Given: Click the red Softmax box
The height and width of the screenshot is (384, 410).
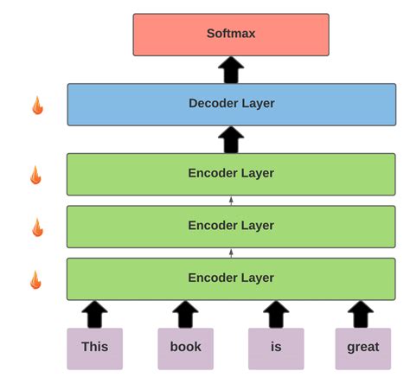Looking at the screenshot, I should [231, 35].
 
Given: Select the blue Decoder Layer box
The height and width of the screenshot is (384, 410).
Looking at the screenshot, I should [231, 104].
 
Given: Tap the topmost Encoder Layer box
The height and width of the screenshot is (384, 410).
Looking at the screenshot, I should [231, 174].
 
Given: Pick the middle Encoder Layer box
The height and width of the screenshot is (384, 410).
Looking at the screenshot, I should [231, 226].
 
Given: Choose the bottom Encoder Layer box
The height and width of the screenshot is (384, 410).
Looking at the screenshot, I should [231, 278].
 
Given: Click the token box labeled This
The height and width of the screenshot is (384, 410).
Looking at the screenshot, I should [95, 348].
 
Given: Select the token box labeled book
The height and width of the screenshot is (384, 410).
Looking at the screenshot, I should [185, 348].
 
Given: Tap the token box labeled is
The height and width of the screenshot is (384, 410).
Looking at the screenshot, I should [276, 348].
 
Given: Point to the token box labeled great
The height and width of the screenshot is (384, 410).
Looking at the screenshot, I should [362, 348].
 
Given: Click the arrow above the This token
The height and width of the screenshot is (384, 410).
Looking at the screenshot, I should [95, 314].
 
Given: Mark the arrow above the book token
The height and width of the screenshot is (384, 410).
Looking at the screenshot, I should [185, 314].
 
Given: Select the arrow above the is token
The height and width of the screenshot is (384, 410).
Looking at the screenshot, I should [276, 314].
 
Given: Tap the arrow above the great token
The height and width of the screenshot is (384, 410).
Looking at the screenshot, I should [361, 314].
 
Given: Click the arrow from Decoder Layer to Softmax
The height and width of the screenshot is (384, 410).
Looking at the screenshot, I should [231, 70].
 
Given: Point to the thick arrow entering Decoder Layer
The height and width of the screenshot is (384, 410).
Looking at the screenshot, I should [231, 139].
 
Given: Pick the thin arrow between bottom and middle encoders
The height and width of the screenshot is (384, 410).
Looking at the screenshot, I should [231, 252].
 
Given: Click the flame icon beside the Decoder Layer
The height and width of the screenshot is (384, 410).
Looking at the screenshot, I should [37, 106].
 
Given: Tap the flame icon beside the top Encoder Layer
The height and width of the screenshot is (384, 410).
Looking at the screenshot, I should [35, 175].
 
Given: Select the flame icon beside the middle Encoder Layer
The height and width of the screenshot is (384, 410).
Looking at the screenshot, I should [37, 227].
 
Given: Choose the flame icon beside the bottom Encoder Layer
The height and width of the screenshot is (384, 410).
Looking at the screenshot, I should [35, 279].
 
